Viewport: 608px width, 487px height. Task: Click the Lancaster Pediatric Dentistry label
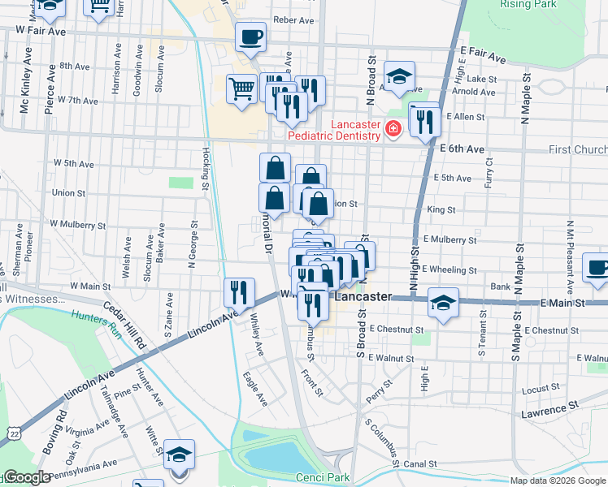(356, 130)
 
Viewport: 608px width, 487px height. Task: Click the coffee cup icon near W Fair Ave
(250, 37)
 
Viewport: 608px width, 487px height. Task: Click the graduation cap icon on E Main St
(443, 304)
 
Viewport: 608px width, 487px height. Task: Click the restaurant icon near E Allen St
(425, 122)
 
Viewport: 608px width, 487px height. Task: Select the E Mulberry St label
(449, 240)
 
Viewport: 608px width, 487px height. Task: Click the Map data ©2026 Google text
(558, 480)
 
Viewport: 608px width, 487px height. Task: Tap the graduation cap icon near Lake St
(400, 77)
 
